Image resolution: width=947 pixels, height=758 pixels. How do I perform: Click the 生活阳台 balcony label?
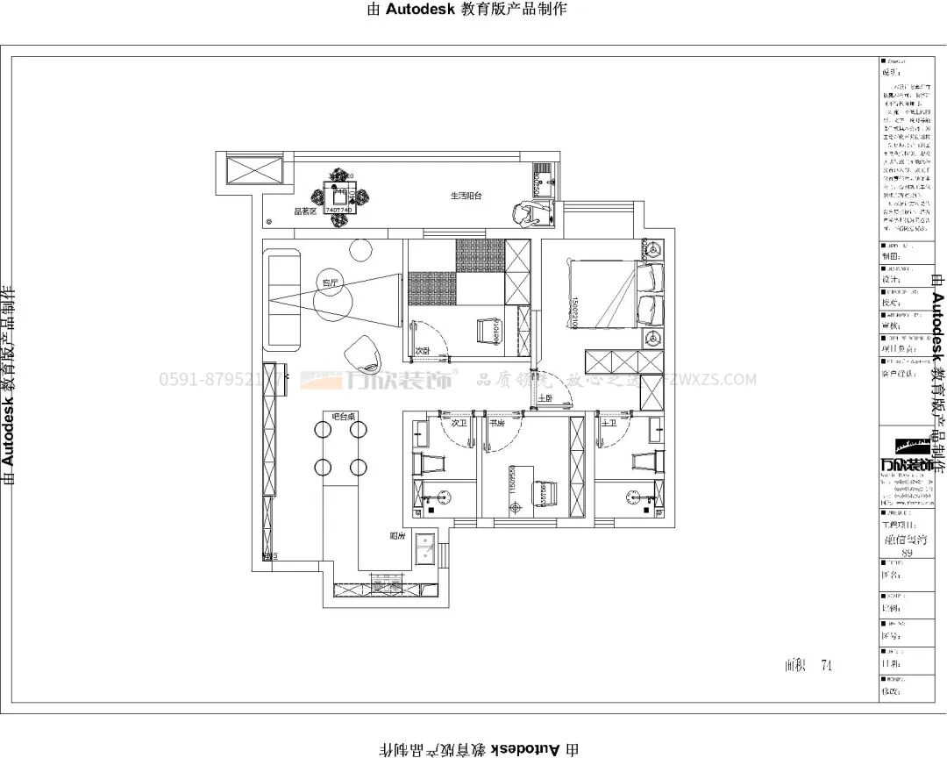(x=466, y=196)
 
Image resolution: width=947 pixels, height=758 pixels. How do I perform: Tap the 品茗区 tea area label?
(x=304, y=211)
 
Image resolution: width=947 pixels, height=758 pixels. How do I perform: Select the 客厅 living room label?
(x=330, y=282)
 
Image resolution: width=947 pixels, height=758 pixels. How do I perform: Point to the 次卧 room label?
(x=423, y=350)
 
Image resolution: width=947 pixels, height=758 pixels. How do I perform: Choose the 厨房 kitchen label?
(x=396, y=535)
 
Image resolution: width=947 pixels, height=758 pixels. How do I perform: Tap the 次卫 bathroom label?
(x=458, y=423)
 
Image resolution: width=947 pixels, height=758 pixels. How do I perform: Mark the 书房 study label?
(x=496, y=423)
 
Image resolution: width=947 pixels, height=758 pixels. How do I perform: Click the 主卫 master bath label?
(x=609, y=423)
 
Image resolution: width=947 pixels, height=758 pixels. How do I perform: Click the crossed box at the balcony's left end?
(x=253, y=168)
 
